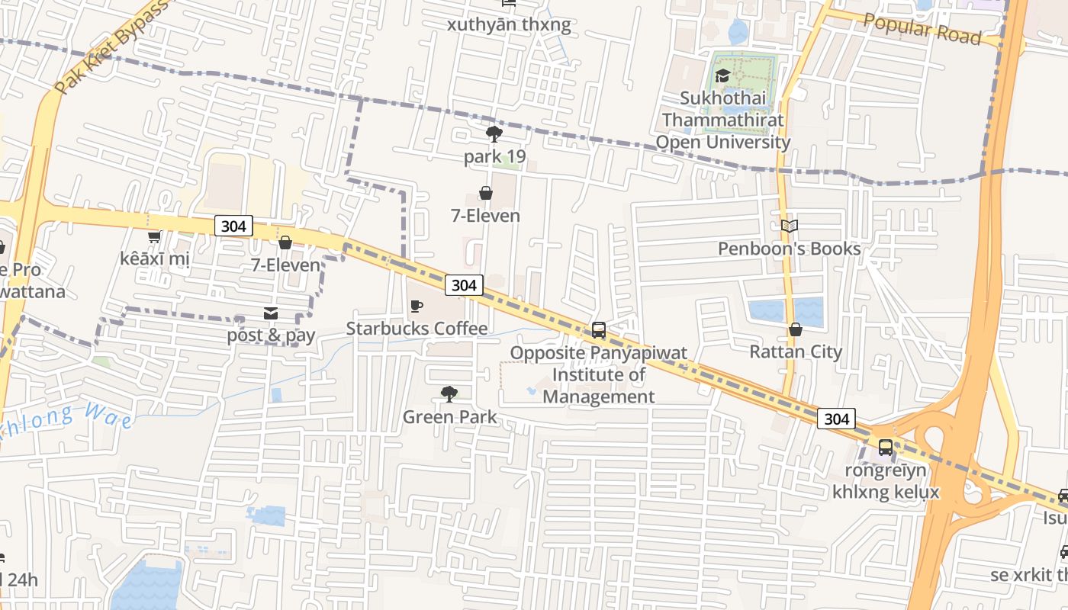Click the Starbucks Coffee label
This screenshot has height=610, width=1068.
tap(417, 329)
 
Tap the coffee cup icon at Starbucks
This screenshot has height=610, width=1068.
tap(417, 307)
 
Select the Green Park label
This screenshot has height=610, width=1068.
tap(449, 417)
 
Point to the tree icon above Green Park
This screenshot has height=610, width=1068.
tap(449, 394)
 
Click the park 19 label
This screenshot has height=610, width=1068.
tap(494, 157)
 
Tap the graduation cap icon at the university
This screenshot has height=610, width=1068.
tap(722, 75)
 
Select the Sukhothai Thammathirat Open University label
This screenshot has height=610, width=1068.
tap(723, 120)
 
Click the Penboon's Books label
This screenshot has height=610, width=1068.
tap(789, 249)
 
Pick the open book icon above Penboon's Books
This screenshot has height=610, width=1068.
tap(790, 226)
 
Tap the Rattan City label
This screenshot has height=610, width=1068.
tap(796, 352)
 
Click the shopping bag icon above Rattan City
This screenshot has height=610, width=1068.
tap(796, 329)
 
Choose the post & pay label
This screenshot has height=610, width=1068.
tap(271, 335)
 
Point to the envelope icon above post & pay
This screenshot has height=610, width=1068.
tap(271, 313)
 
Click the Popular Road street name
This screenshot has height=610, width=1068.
tap(922, 28)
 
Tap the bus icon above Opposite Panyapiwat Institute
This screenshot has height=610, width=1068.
tap(599, 330)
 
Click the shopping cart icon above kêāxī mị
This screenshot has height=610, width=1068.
tap(154, 237)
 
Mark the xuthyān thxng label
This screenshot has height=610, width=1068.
tap(509, 25)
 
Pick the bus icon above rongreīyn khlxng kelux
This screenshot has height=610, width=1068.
tap(886, 448)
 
